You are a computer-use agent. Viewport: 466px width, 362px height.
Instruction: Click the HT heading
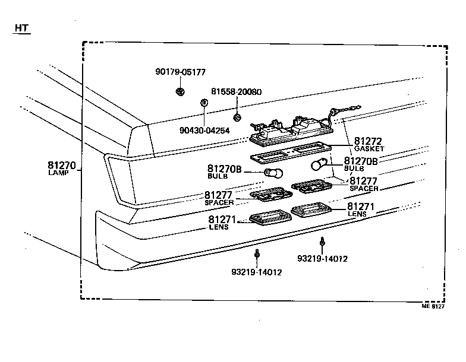coord(22,28)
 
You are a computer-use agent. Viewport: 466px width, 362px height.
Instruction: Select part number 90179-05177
coord(180,72)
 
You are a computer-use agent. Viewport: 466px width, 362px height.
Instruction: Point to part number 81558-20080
coord(236,92)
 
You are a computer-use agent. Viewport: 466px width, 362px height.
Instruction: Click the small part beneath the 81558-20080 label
coord(237,117)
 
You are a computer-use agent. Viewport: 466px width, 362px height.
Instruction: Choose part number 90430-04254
coord(205,131)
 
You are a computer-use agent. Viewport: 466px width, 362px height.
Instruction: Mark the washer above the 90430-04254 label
coord(203,103)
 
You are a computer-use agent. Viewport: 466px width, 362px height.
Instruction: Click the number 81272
coord(369,141)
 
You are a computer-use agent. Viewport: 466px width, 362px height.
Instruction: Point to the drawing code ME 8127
coord(433,306)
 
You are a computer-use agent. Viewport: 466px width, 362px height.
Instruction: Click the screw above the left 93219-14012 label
coord(257,255)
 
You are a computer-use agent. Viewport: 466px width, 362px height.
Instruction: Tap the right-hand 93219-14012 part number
coord(322,259)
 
